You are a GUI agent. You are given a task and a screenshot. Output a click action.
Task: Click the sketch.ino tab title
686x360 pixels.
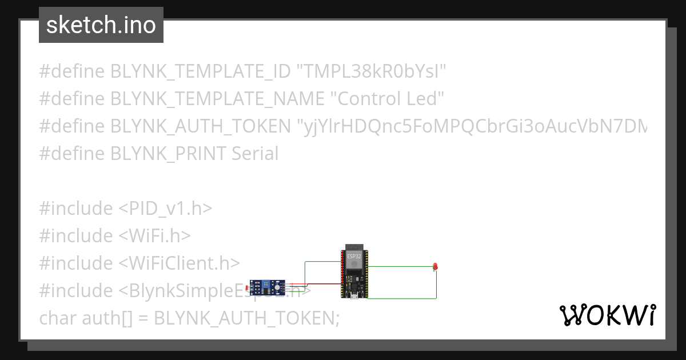pyautogui.click(x=101, y=25)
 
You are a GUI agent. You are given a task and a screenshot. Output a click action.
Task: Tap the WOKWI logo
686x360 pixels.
pyautogui.click(x=607, y=315)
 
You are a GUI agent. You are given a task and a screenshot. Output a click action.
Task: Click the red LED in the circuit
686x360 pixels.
pyautogui.click(x=436, y=266)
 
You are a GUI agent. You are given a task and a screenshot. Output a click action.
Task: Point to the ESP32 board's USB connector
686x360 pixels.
pyautogui.click(x=355, y=295)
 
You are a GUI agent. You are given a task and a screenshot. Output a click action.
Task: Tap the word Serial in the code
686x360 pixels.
pyautogui.click(x=255, y=154)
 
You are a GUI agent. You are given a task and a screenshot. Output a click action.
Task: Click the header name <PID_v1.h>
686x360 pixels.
pyautogui.click(x=165, y=209)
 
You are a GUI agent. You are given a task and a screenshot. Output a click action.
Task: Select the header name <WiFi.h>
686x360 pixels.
pyautogui.click(x=154, y=235)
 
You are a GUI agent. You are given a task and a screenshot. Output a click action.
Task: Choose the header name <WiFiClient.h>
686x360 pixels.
pyautogui.click(x=179, y=263)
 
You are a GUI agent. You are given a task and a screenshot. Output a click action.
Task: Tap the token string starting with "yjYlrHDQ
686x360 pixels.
pyautogui.click(x=472, y=126)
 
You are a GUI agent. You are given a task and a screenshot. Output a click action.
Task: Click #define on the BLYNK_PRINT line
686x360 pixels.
pyautogui.click(x=71, y=154)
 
